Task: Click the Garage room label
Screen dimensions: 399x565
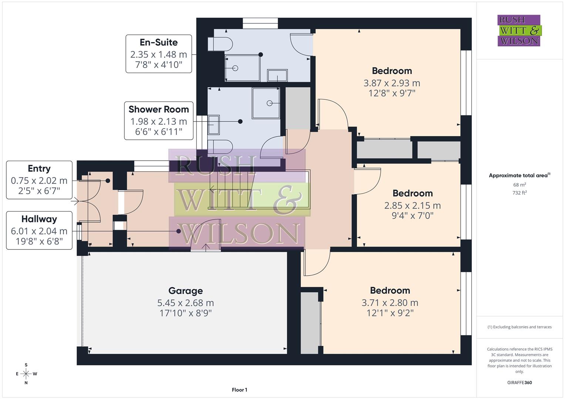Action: click(185, 291)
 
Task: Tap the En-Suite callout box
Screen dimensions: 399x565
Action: click(159, 54)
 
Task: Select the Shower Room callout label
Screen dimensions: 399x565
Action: click(159, 120)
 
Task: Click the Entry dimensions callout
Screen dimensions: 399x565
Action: click(39, 180)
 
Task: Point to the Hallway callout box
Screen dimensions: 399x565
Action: click(39, 231)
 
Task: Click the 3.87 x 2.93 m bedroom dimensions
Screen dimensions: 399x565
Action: click(391, 83)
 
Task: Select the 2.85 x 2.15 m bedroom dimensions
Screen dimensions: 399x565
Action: click(412, 205)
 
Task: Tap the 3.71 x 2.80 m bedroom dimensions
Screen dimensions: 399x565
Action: click(390, 303)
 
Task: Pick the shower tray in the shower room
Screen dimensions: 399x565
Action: click(266, 103)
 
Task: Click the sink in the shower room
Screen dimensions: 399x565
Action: click(213, 125)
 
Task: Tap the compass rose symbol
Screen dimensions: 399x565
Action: click(26, 374)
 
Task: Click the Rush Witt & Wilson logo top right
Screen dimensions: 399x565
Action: click(519, 31)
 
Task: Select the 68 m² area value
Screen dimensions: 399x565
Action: click(519, 185)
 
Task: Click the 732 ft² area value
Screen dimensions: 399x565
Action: click(519, 192)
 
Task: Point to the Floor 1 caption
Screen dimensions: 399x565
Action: click(239, 390)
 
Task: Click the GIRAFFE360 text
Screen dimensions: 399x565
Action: click(519, 382)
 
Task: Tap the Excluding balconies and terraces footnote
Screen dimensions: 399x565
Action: click(519, 327)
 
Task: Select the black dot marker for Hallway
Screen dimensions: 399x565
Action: click(179, 231)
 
